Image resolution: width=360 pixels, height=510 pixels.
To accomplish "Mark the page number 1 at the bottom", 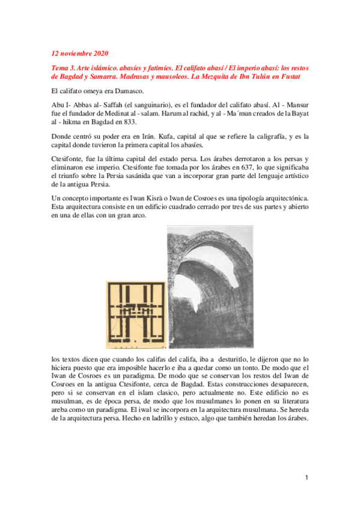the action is pyautogui.click(x=306, y=478).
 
